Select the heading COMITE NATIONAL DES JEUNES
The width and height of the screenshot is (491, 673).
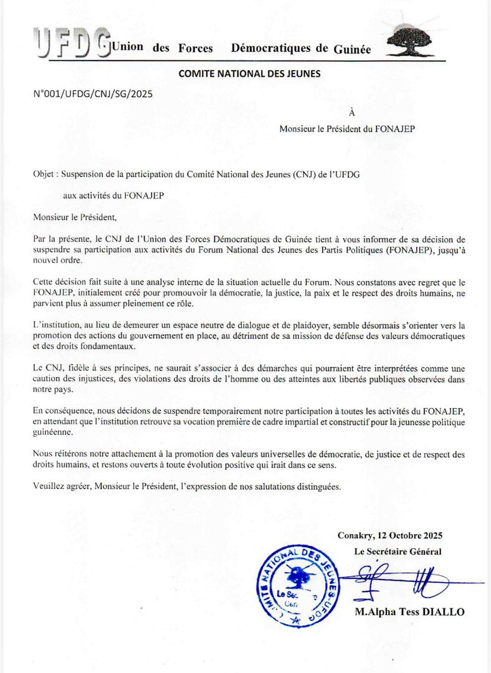[x=249, y=74]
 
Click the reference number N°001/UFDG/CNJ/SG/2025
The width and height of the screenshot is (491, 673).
[x=92, y=94]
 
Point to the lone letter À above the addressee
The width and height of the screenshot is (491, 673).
[x=352, y=113]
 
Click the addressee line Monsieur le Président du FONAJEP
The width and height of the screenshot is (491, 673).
[x=347, y=129]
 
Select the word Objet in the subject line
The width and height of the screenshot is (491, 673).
[x=44, y=175]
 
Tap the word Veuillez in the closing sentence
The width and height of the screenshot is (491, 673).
[x=49, y=487]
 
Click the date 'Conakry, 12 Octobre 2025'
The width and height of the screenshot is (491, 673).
[x=390, y=535]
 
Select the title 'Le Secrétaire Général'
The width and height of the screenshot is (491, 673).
[x=398, y=551]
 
